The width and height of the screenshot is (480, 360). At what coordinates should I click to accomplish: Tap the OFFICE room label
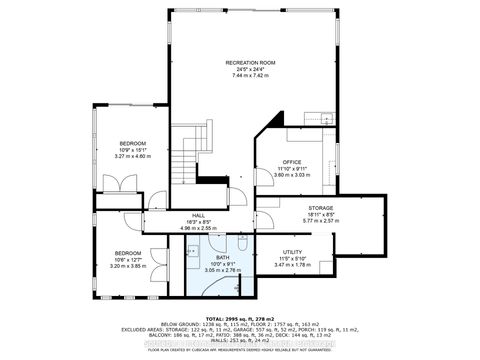coord(292,161)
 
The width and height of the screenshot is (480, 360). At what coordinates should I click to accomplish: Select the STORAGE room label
coord(320,207)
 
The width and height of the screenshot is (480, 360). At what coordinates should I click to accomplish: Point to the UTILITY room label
coord(292,252)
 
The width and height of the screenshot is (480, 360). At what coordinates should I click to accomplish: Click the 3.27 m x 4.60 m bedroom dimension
coord(133,157)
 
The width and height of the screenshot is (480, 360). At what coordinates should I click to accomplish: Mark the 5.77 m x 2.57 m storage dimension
coord(320,221)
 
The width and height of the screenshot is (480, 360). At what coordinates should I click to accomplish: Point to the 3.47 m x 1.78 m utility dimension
coord(292,265)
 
